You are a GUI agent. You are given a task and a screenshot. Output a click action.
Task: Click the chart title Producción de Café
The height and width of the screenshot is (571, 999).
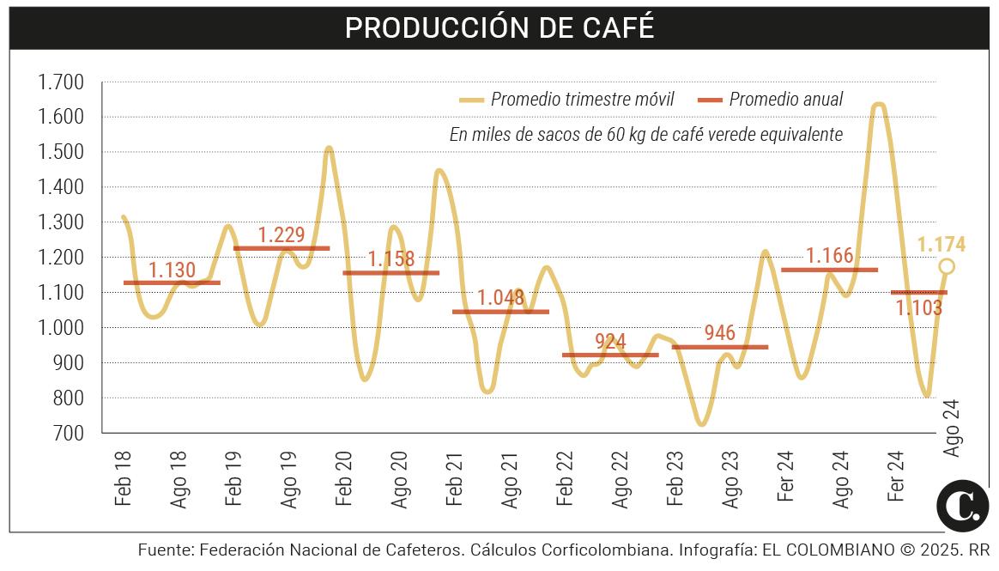(499, 27)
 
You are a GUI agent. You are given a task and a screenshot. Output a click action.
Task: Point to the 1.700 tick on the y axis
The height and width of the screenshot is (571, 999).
(60, 82)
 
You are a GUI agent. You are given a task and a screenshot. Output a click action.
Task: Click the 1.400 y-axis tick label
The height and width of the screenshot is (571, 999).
(60, 187)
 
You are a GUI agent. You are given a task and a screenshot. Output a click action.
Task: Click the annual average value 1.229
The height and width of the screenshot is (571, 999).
(282, 235)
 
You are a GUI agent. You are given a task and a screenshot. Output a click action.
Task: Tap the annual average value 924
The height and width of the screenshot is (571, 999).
(610, 342)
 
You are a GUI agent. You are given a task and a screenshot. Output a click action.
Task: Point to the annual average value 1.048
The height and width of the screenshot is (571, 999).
(500, 299)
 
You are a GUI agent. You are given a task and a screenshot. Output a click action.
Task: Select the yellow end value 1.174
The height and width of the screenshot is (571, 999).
(941, 245)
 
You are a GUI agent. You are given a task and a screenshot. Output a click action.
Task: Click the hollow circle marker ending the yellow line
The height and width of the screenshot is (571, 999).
(946, 266)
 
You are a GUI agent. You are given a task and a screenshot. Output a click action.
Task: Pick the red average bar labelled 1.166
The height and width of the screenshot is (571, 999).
(829, 270)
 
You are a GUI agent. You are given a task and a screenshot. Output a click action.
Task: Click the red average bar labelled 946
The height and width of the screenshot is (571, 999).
(719, 347)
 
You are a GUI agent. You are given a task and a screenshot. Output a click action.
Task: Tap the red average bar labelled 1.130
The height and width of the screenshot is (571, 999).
(172, 282)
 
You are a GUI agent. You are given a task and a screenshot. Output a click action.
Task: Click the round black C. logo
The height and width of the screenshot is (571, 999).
(962, 505)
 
